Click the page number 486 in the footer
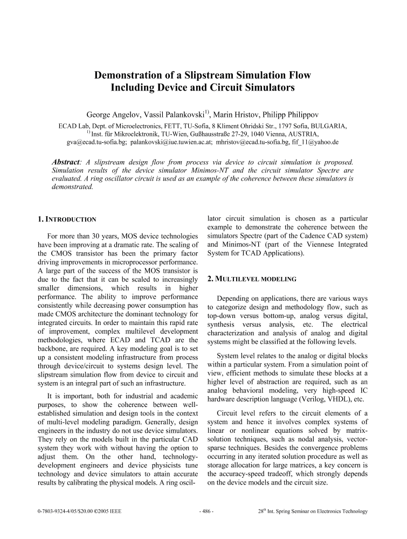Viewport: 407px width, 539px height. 206,512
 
